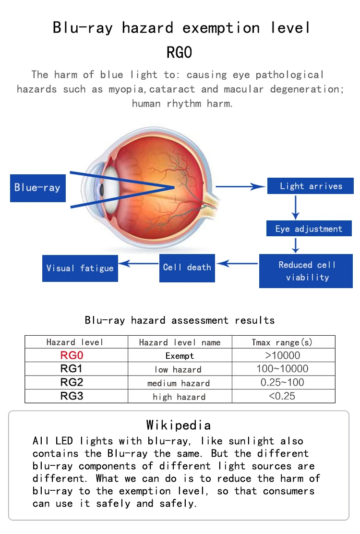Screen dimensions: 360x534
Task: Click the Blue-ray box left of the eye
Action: point(38,188)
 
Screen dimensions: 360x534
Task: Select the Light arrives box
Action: point(311,186)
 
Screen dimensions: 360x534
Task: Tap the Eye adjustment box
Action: point(309,229)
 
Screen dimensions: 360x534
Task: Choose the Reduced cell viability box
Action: point(306,271)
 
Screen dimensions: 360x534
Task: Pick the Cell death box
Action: point(187,268)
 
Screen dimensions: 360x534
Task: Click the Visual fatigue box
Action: point(80,268)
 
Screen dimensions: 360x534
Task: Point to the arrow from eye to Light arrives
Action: point(240,186)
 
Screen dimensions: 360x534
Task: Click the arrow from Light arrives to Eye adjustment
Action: point(295,207)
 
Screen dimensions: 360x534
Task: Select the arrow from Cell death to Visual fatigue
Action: point(139,263)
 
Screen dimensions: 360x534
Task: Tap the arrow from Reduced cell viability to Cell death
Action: point(237,263)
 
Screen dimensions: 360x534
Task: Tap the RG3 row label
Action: point(72,396)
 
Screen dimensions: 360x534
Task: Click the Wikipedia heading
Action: point(179,425)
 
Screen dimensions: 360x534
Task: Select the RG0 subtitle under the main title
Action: point(180,52)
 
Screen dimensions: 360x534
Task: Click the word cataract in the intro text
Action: point(172,89)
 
